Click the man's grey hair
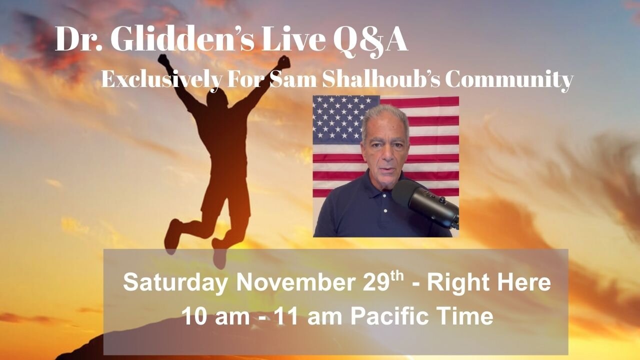[384, 113]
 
